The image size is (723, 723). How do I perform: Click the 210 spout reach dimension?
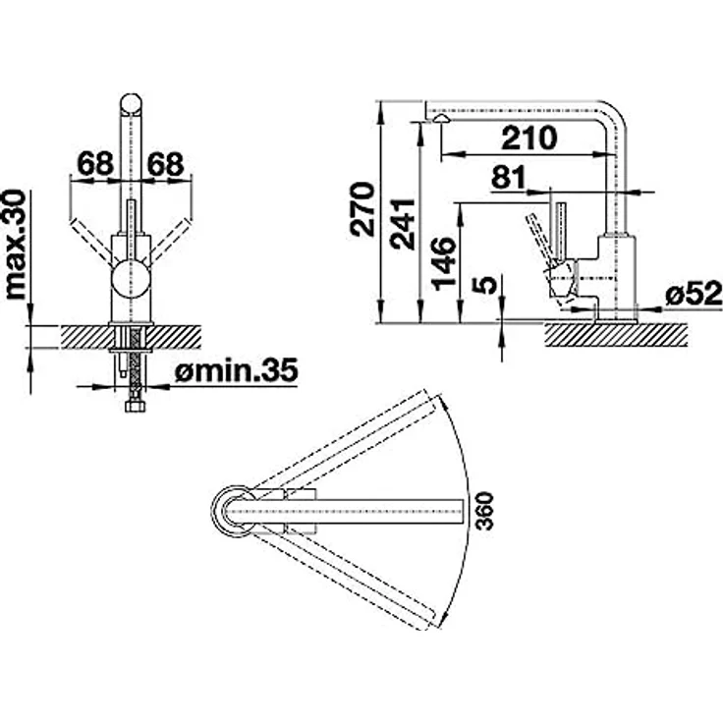click(529, 138)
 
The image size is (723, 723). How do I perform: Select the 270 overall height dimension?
click(362, 209)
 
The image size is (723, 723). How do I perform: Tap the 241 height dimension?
click(402, 224)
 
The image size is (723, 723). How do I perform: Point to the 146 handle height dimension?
click(444, 263)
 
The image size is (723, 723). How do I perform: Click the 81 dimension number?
click(508, 177)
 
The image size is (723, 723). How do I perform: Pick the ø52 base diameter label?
click(694, 294)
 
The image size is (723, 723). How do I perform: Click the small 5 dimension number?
click(484, 285)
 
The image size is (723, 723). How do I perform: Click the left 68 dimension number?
click(95, 163)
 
